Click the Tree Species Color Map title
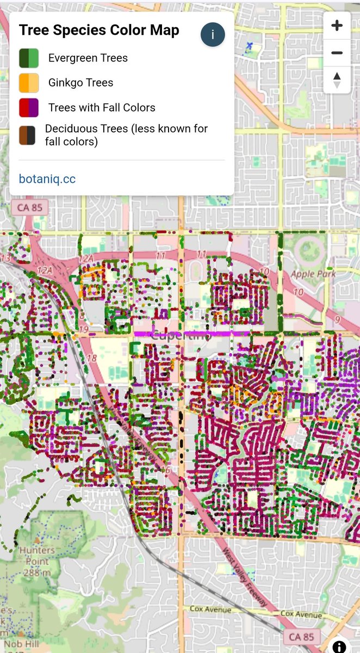coord(99,30)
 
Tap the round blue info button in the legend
coord(213,35)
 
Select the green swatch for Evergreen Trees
coord(29,58)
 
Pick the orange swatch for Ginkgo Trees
coord(29,83)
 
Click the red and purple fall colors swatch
coord(29,108)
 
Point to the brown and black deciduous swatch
coord(27,135)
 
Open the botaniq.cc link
coord(47,179)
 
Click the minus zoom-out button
coord(337,53)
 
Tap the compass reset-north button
coord(337,79)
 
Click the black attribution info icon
coord(339,646)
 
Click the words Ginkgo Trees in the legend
coord(80,83)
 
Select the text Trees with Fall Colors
coord(102,108)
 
